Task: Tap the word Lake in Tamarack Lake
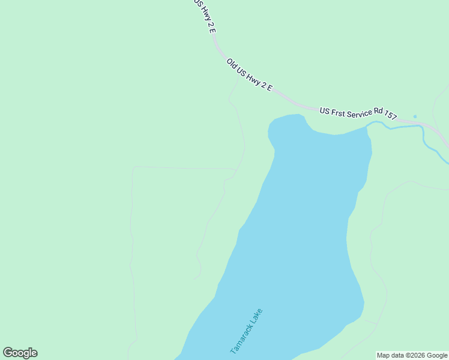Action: click(x=256, y=316)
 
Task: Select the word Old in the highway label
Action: click(x=232, y=62)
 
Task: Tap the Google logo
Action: click(x=20, y=353)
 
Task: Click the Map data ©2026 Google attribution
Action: click(x=412, y=356)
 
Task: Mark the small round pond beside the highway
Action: click(x=415, y=116)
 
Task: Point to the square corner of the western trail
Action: click(x=133, y=168)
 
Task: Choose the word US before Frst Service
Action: click(x=325, y=110)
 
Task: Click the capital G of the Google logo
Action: click(x=8, y=353)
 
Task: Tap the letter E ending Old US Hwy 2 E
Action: click(x=270, y=89)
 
